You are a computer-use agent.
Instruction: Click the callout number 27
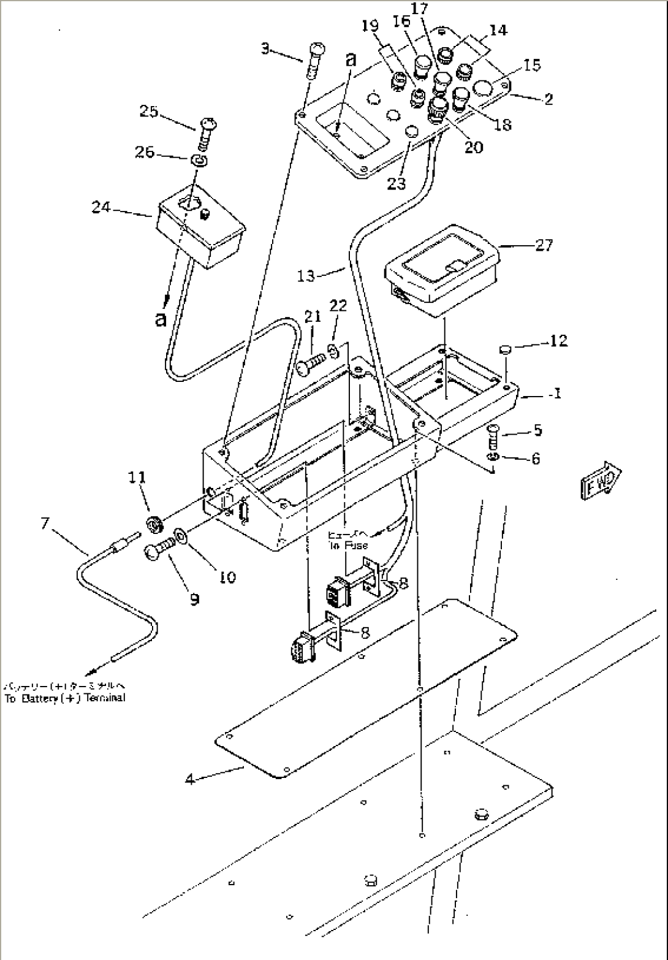pyautogui.click(x=544, y=245)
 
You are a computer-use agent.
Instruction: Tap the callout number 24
pyautogui.click(x=101, y=207)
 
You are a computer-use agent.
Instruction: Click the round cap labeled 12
pyautogui.click(x=505, y=350)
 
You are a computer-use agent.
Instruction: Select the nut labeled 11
pyautogui.click(x=156, y=524)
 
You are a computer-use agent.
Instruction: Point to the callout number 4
pyautogui.click(x=191, y=780)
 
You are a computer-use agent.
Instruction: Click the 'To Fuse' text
pyautogui.click(x=347, y=545)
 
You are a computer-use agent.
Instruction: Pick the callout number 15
pyautogui.click(x=533, y=64)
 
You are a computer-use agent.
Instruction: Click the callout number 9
pyautogui.click(x=194, y=599)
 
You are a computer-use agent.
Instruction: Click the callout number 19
pyautogui.click(x=370, y=26)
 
